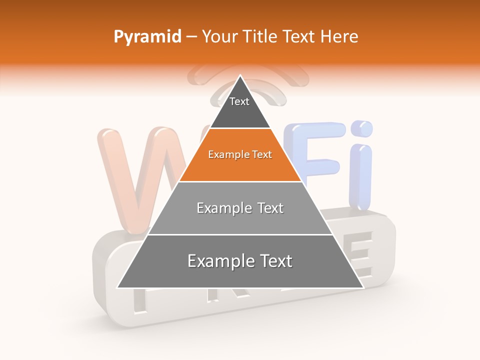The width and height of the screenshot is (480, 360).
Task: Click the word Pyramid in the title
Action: coord(147,37)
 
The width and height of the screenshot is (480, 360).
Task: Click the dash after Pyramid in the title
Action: coord(191,37)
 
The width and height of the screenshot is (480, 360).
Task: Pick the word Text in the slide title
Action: coord(300,37)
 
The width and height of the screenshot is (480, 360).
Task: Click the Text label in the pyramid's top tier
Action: coord(239,101)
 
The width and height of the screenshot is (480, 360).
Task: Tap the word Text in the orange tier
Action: coord(262,155)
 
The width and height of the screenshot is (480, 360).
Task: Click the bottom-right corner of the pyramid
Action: coord(363,287)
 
